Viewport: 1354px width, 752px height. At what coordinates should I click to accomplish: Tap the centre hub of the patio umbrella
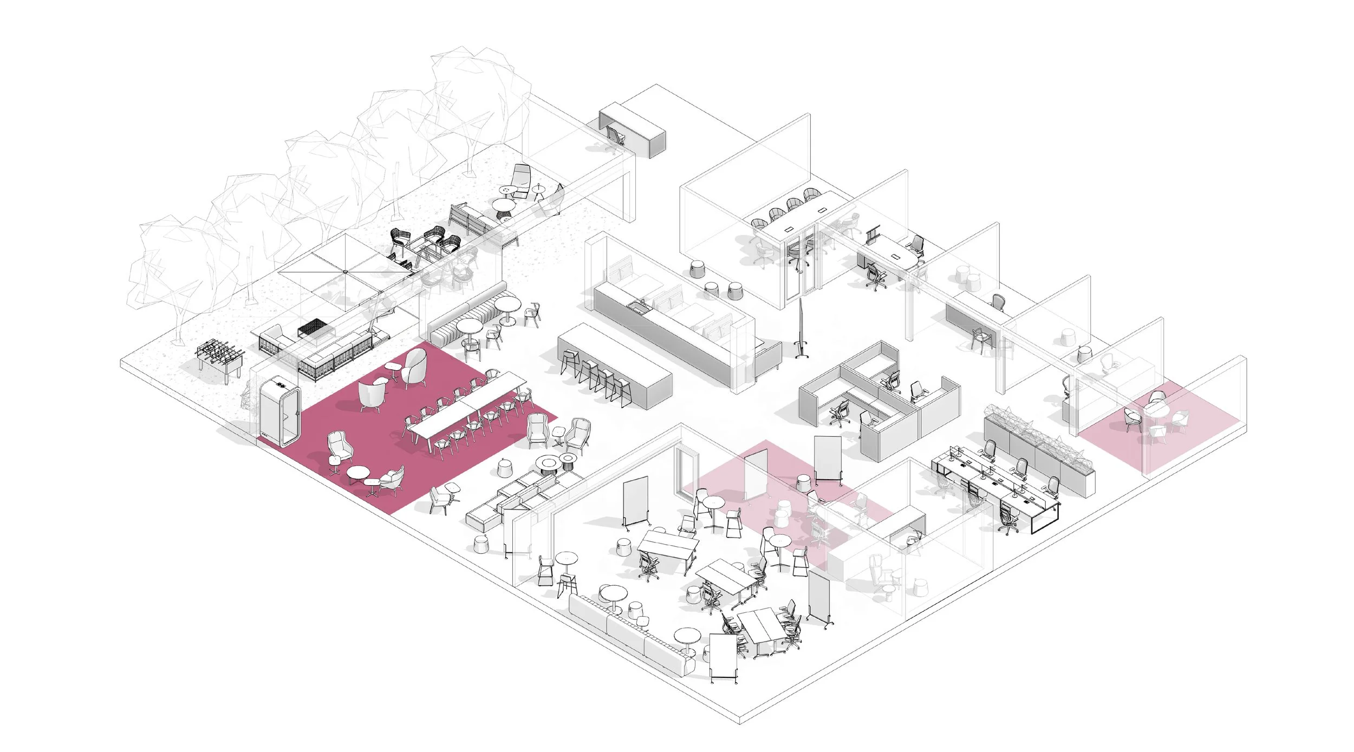coord(345,271)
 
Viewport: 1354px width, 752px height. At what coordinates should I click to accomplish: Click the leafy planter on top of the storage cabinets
coord(1039,433)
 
